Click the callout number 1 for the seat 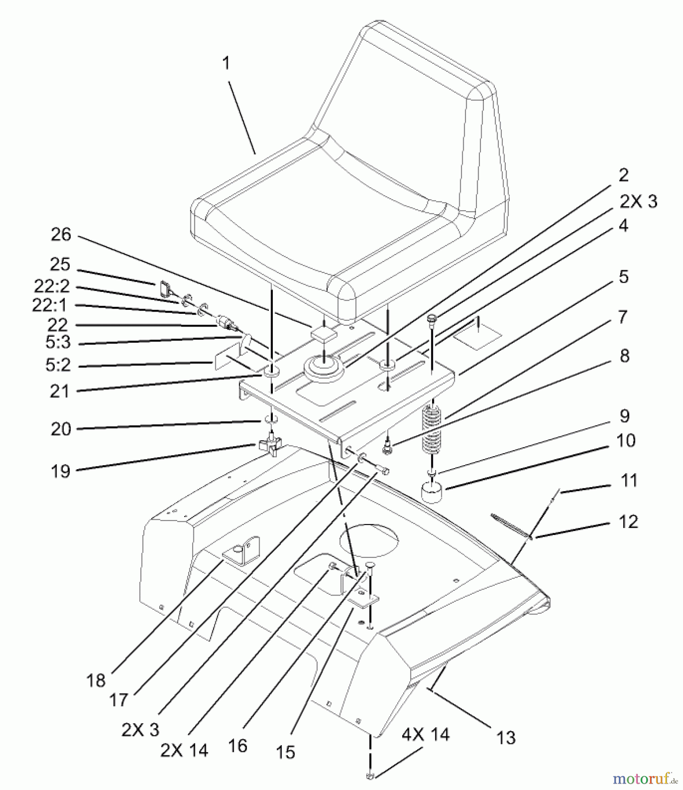tap(226, 64)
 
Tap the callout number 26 tap(61, 235)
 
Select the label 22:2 tap(52, 286)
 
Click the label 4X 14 tap(426, 734)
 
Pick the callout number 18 tap(96, 681)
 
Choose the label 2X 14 tap(184, 750)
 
